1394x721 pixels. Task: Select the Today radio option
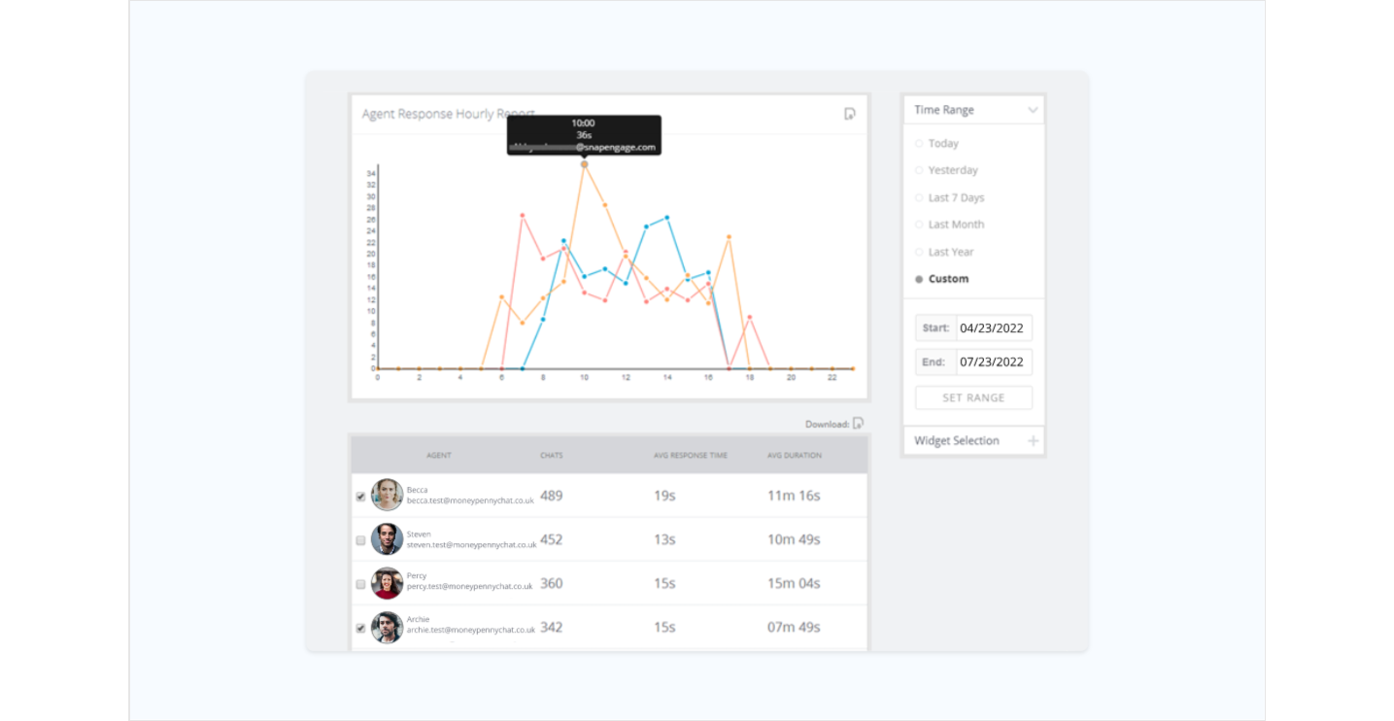click(x=919, y=144)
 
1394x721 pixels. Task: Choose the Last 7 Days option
click(x=919, y=198)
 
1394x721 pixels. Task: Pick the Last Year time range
click(x=919, y=253)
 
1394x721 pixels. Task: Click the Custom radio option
click(x=919, y=279)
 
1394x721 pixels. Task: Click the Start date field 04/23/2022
click(x=993, y=328)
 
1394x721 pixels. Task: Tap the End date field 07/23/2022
click(x=993, y=362)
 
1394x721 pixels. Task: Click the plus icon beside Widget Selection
click(x=1033, y=441)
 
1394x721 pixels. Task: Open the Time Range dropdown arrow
click(x=1033, y=111)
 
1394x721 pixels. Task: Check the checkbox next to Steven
click(x=360, y=540)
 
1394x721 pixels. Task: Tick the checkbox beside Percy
click(x=360, y=584)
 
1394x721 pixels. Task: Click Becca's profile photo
click(x=387, y=496)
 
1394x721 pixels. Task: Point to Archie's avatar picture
click(x=387, y=627)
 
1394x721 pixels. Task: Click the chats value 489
click(x=552, y=496)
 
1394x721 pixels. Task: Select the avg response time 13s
click(x=664, y=539)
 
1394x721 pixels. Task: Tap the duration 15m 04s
click(x=794, y=583)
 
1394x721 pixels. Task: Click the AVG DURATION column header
click(x=795, y=455)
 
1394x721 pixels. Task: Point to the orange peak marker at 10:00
click(x=584, y=165)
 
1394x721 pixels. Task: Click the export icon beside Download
click(x=858, y=424)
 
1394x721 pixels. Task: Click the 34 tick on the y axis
click(x=371, y=174)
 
